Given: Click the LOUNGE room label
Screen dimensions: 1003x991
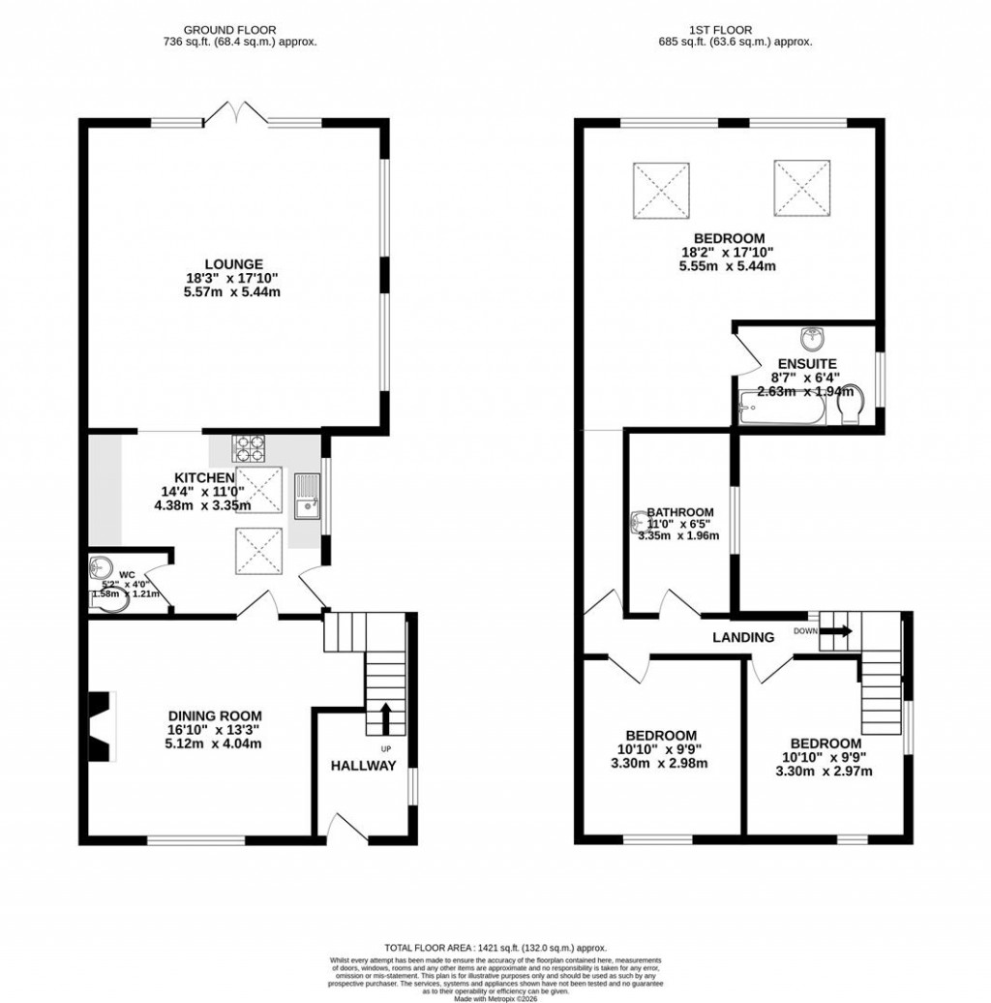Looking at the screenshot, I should click(x=233, y=263).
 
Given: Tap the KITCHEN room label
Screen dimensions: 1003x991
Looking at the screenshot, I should click(x=203, y=478).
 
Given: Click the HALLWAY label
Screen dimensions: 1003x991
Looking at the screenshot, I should click(x=364, y=766).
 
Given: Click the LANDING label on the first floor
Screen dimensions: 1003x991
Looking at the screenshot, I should click(x=743, y=637).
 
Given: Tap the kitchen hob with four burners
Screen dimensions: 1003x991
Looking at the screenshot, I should click(x=249, y=449).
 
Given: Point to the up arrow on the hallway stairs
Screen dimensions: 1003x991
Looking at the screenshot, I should click(x=385, y=717).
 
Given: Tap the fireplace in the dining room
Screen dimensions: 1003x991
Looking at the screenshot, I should click(x=101, y=726).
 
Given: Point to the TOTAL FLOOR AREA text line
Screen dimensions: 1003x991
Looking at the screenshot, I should click(x=495, y=948).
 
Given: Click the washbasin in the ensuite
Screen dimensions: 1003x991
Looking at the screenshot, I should click(x=811, y=339).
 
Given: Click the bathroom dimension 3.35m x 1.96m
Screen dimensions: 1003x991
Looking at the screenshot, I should click(x=678, y=534).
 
